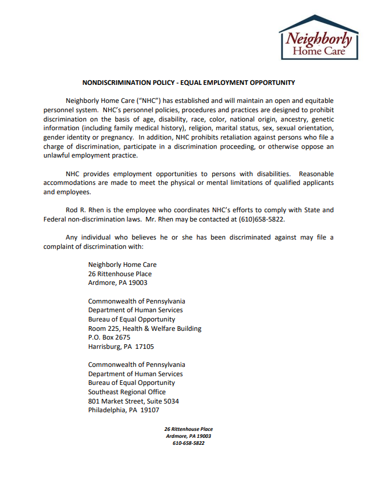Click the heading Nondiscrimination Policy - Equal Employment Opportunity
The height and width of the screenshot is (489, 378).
coord(188,83)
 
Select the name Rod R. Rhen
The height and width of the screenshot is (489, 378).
coord(80,210)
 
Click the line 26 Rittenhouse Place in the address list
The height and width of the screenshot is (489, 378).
coord(120,274)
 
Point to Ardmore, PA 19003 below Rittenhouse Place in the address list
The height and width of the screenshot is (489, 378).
coord(117,283)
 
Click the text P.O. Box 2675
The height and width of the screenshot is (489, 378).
coord(109,337)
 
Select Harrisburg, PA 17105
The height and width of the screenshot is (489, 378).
coord(121,347)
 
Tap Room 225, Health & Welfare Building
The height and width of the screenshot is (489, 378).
coord(145,329)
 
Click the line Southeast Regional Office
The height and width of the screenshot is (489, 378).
coord(127,392)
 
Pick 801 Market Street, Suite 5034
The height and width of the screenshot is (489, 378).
coord(133,401)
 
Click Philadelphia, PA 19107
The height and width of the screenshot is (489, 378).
coord(123,410)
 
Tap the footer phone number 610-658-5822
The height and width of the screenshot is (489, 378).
coord(188,443)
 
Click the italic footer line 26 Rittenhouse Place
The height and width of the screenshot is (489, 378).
coord(188,429)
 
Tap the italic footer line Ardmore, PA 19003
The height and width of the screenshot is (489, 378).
coord(188,436)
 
